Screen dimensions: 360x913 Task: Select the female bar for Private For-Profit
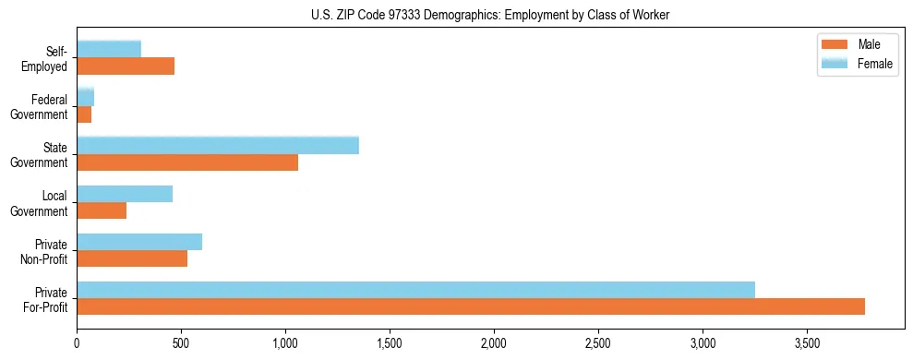[415, 290]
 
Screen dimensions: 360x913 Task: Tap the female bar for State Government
[218, 146]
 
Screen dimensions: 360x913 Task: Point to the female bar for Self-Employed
[109, 49]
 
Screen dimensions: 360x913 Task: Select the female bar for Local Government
[125, 194]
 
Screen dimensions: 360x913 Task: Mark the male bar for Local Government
[102, 211]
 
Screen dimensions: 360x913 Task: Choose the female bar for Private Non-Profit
[139, 242]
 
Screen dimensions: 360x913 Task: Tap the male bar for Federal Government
[84, 114]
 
